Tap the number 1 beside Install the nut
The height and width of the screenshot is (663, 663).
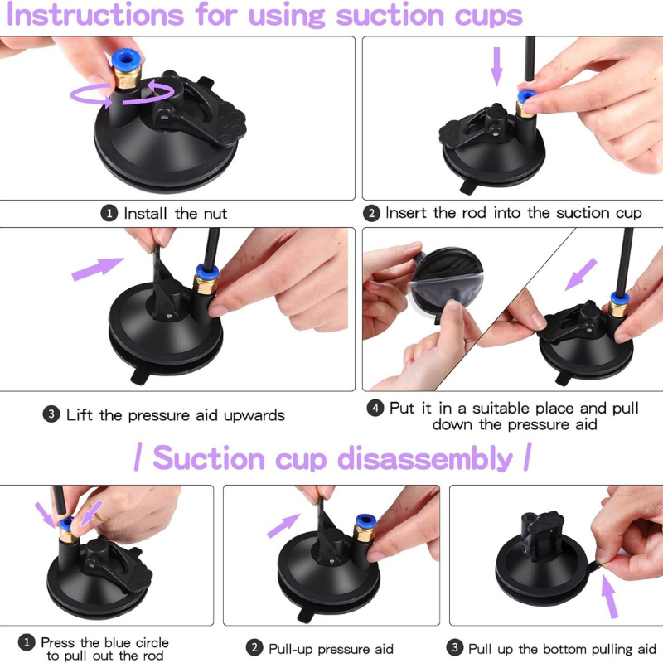[109, 214]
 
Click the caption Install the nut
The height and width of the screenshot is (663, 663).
[175, 214]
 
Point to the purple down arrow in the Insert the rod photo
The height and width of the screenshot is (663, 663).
[496, 66]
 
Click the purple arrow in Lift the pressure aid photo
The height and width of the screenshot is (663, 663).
[97, 268]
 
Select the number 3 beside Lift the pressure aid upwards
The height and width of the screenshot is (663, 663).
[51, 415]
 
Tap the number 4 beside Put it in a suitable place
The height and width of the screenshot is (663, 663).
[375, 409]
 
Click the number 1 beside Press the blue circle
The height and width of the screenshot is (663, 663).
[27, 643]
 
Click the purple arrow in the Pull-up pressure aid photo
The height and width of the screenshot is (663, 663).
[283, 525]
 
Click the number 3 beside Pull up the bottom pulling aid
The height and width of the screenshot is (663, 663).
[455, 648]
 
